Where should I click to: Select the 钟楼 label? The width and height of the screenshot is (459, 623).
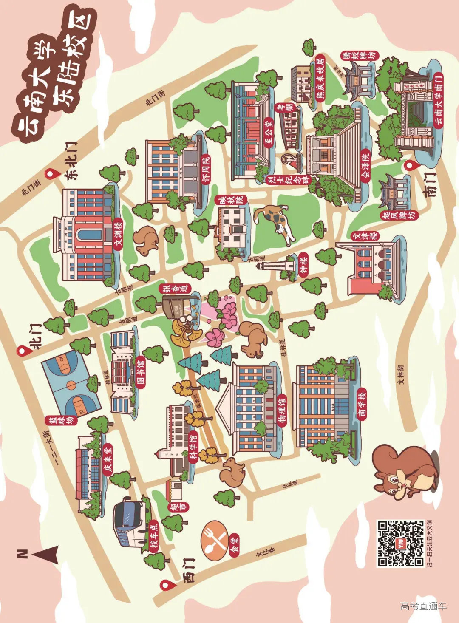coord(303,265)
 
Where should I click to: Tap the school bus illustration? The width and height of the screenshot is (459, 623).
coord(129,523)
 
